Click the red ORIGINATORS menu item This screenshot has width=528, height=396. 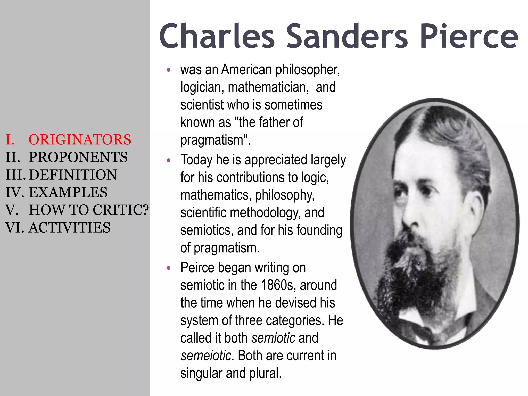point(80,140)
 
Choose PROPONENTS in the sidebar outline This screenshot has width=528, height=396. point(78,157)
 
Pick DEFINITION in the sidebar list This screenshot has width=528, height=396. point(73,175)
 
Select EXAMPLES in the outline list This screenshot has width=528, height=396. point(68,192)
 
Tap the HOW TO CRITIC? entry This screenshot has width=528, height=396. point(89,210)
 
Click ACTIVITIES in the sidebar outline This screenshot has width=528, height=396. point(69,228)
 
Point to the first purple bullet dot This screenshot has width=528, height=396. point(169,70)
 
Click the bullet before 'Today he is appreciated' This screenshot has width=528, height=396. point(169,160)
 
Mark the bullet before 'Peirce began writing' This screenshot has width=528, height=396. point(169,268)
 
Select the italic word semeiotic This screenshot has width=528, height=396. point(206,356)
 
